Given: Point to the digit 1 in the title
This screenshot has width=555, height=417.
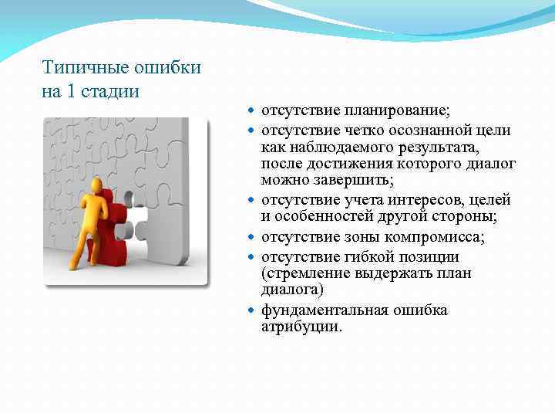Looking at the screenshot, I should [72, 92].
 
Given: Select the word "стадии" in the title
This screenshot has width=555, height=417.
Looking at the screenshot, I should [111, 92].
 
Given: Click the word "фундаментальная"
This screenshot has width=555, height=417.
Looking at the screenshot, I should [325, 310].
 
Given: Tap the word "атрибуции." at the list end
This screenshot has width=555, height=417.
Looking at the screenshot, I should [301, 327].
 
